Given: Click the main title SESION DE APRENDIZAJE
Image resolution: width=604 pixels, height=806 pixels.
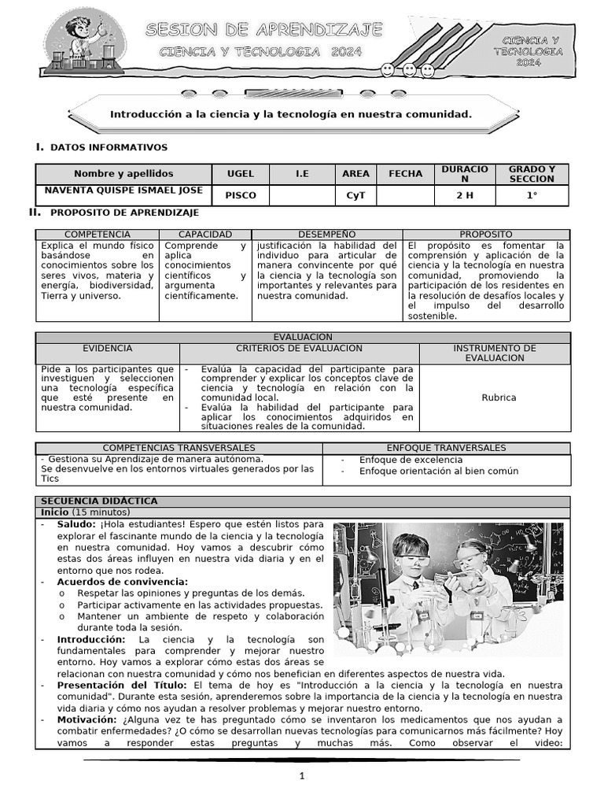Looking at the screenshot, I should point(264,31).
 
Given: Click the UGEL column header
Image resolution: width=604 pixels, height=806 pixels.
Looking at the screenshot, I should point(241,173).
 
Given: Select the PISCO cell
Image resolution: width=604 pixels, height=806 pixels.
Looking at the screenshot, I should point(241,195).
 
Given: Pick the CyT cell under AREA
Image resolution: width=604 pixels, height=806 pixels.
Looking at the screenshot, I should point(356,195).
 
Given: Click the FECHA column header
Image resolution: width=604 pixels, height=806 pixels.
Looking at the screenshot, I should point(405,173).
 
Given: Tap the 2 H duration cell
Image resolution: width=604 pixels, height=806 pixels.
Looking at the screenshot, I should point(465,195).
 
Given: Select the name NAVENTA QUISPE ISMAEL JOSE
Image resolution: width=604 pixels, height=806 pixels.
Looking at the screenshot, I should point(123,190).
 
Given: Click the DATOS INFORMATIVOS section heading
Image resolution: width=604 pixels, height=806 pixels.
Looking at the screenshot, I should point(109,147).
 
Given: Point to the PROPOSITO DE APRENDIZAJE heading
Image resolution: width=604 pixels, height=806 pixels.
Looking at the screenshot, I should point(124,213).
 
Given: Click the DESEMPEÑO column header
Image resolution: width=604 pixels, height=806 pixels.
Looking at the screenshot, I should point(327,235).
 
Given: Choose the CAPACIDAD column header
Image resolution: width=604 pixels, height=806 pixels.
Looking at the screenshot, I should point(205,235).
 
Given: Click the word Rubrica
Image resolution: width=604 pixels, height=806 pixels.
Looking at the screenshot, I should point(499,397).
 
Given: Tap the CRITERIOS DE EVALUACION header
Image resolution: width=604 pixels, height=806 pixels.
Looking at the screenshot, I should point(300,348).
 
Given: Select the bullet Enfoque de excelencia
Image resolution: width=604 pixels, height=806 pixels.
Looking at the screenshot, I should point(411,460).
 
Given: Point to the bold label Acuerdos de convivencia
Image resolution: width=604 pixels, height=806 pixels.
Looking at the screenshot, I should point(122,582).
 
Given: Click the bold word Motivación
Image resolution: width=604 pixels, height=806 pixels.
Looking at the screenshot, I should point(87,719).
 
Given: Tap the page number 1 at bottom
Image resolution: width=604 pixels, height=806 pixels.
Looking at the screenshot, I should point(301,776).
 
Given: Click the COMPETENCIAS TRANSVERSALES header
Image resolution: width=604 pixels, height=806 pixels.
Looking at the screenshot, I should point(179,448).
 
